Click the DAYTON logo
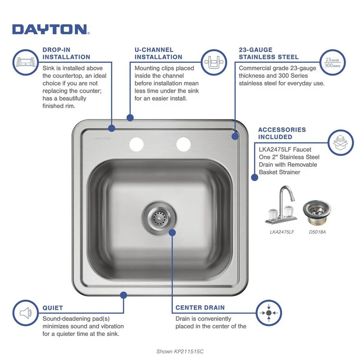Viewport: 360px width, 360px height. coord(50,29)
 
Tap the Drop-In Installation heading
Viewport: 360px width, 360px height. coord(66,53)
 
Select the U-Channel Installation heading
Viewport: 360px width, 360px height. coord(158,53)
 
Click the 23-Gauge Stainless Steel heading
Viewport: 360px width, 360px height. coord(269,53)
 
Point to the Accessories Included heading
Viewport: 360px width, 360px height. coord(282,133)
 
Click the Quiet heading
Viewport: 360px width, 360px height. coord(52,308)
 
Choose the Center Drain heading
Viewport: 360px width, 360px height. coord(200,308)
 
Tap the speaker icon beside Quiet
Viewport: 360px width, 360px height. coord(26,313)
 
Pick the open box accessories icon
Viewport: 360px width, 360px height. coord(341,142)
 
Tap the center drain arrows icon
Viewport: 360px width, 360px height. coord(269,313)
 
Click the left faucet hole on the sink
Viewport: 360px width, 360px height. coord(136,143)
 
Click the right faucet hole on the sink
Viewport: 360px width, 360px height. coord(183,143)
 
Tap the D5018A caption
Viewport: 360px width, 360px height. coord(317,232)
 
